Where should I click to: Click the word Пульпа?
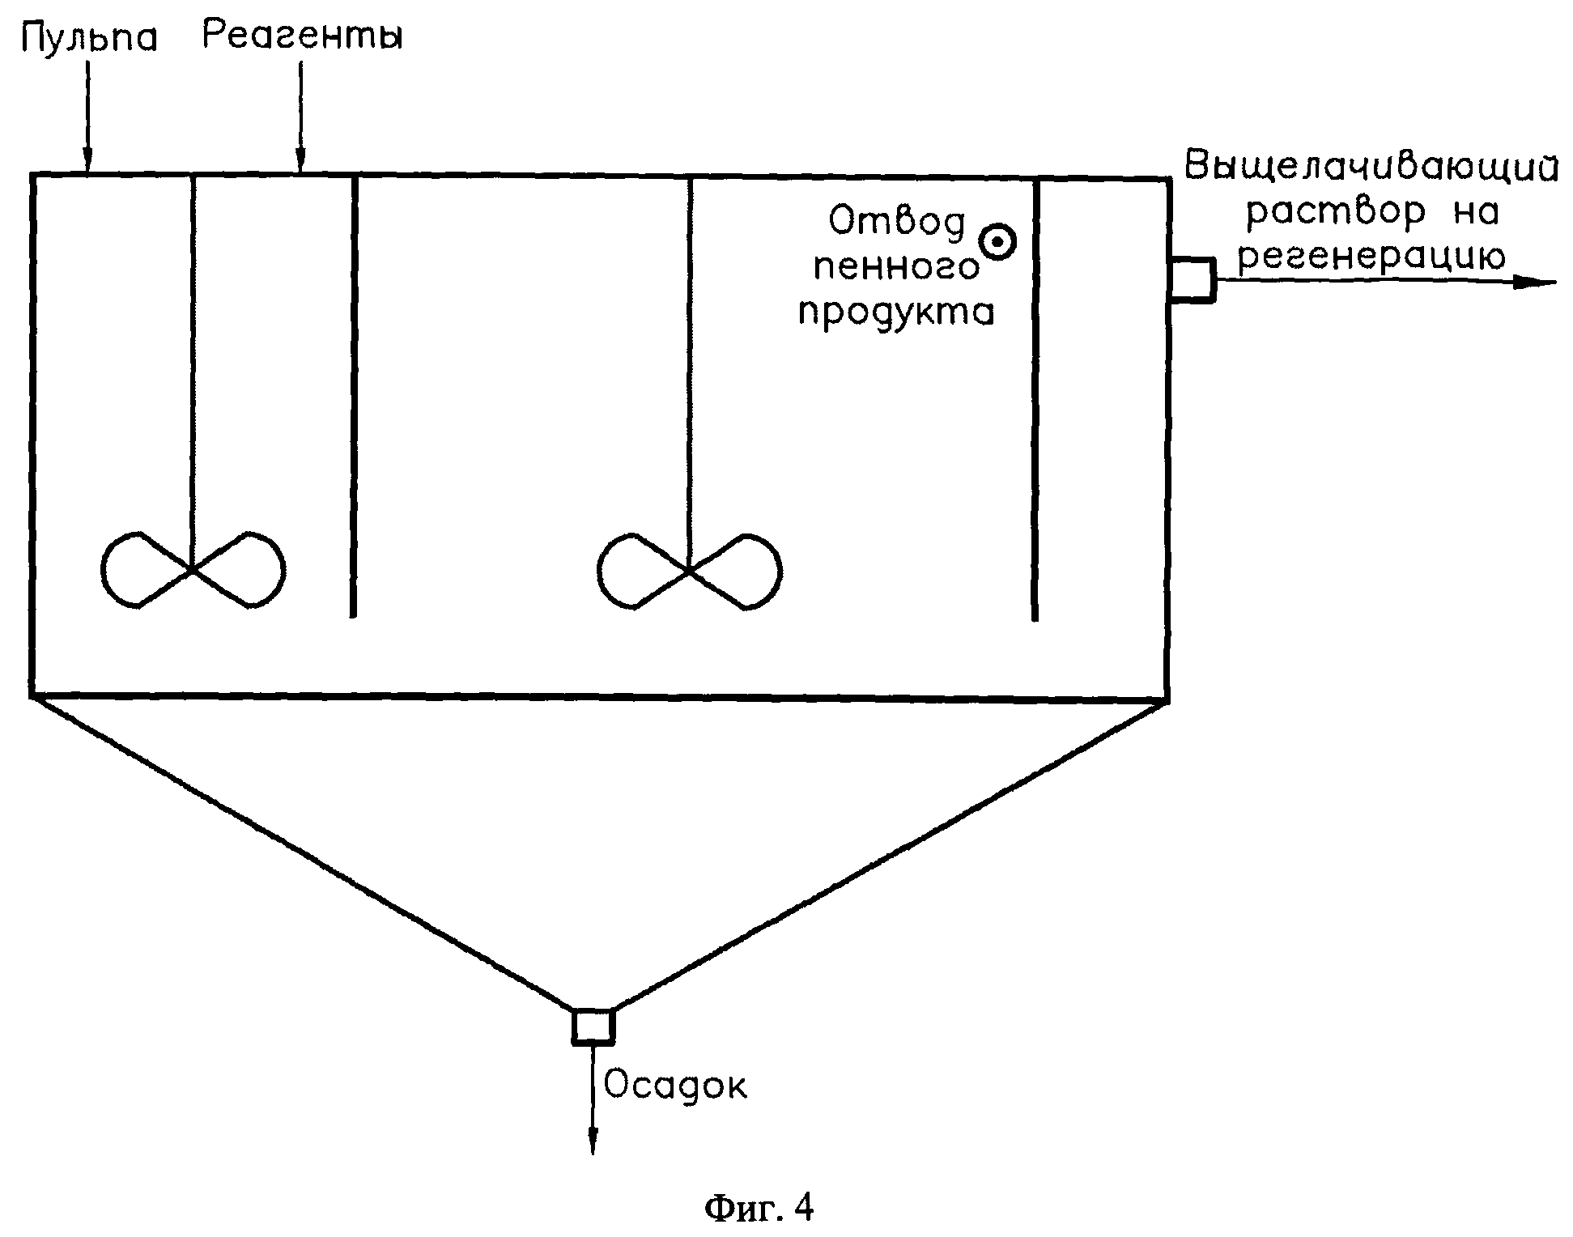[x=89, y=37]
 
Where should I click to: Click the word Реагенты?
[x=302, y=36]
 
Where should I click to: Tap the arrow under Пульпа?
[x=88, y=121]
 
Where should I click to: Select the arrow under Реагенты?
[x=300, y=121]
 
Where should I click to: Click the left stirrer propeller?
[x=193, y=569]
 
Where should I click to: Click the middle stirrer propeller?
[x=689, y=570]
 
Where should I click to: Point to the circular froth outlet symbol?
[x=997, y=241]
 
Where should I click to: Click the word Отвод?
[x=898, y=221]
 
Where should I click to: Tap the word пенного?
[x=896, y=266]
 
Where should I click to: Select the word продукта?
[x=896, y=312]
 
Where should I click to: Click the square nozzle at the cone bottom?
[x=593, y=1026]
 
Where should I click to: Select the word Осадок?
[x=675, y=1086]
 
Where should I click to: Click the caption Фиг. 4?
[x=759, y=1209]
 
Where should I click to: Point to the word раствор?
[x=1335, y=213]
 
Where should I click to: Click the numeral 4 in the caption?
[x=803, y=1208]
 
